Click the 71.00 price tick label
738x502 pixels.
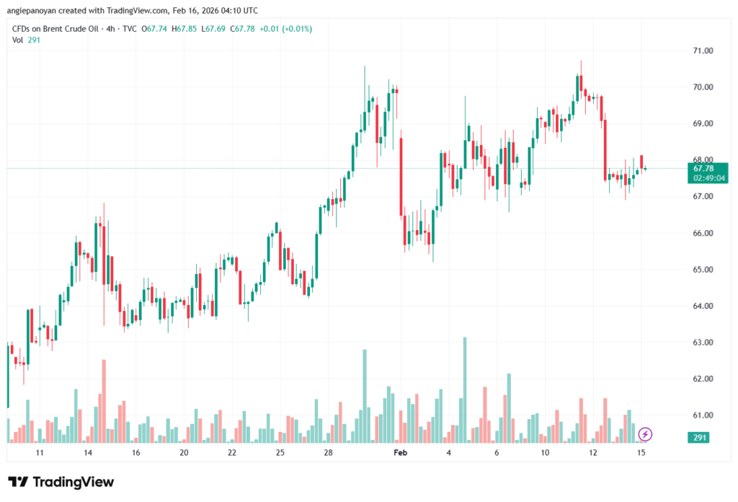683,50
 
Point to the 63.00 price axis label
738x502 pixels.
683,343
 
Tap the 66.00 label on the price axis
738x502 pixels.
683,233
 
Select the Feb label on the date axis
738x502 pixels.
400,452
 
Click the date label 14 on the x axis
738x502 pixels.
87,452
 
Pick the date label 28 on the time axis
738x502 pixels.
328,452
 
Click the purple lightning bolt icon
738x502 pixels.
646,433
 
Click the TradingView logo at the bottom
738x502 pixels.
61,482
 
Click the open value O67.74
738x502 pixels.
155,29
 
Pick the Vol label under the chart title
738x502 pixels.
18,40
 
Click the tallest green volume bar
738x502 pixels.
465,389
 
